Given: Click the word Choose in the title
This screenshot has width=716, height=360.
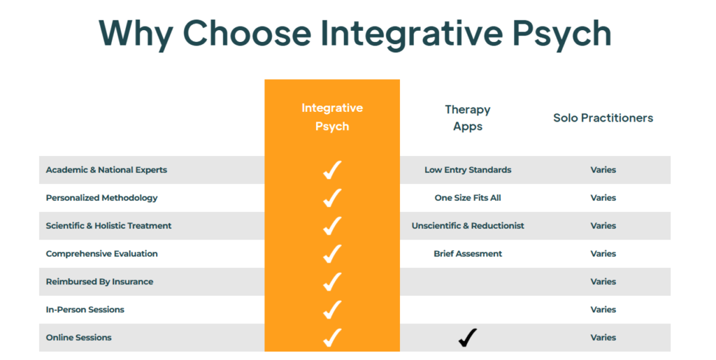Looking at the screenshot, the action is pyautogui.click(x=247, y=34).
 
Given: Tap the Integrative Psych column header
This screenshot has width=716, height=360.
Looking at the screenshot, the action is pyautogui.click(x=332, y=117).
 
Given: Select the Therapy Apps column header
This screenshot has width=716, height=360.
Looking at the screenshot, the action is pyautogui.click(x=468, y=117).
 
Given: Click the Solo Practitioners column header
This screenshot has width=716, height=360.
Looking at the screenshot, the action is pyautogui.click(x=603, y=117).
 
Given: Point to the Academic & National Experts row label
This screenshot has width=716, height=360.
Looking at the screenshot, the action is pyautogui.click(x=106, y=170).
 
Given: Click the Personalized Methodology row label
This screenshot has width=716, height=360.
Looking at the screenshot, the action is pyautogui.click(x=101, y=198).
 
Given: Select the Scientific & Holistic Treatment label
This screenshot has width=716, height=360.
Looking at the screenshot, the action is pyautogui.click(x=108, y=225).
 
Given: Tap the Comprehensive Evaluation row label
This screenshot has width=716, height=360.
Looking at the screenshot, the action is pyautogui.click(x=102, y=254).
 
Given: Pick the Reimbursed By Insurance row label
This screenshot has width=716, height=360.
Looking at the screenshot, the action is pyautogui.click(x=99, y=282).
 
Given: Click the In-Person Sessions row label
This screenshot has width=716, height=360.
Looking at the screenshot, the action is pyautogui.click(x=85, y=310).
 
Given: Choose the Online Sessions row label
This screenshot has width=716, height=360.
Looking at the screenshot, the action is pyautogui.click(x=78, y=338).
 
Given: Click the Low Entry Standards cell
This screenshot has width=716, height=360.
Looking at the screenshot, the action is pyautogui.click(x=468, y=170).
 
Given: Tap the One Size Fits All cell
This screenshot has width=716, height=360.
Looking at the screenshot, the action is pyautogui.click(x=468, y=198).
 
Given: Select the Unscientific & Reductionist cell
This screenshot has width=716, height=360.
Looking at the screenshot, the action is pyautogui.click(x=468, y=225).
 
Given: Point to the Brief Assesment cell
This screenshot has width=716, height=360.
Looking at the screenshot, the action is pyautogui.click(x=468, y=254).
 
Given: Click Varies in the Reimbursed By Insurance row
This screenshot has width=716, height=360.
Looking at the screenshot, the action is pyautogui.click(x=603, y=282).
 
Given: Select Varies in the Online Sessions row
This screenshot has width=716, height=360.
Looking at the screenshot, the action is pyautogui.click(x=603, y=338).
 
